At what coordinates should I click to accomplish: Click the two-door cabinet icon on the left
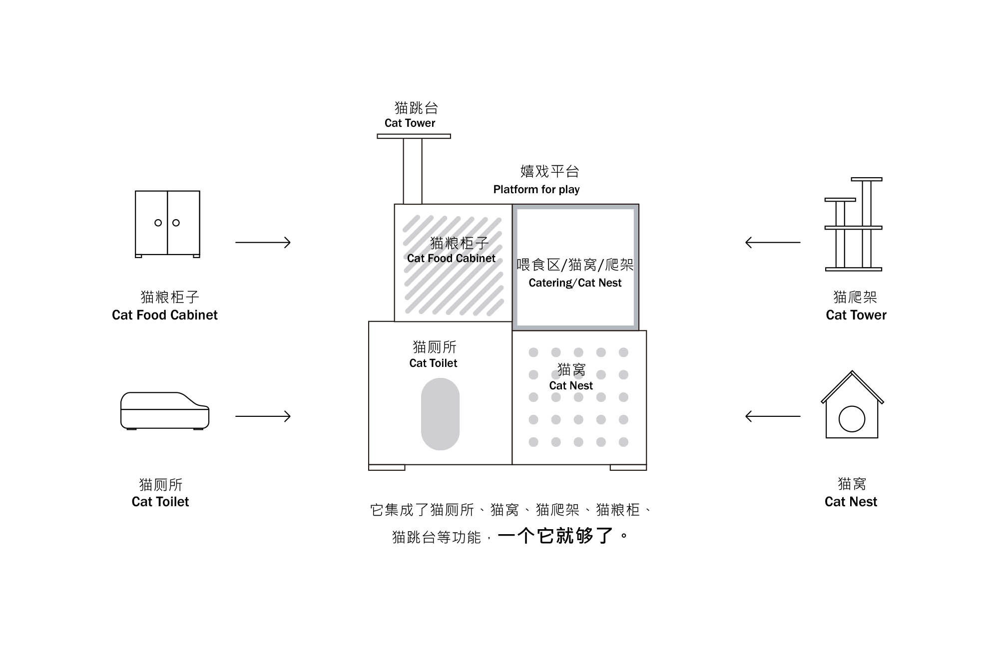click(x=167, y=224)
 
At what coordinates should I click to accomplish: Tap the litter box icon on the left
click(x=165, y=410)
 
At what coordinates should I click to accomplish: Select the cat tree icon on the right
click(x=854, y=225)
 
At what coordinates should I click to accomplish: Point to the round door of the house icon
click(x=852, y=419)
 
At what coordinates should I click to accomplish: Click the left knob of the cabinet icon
click(x=158, y=223)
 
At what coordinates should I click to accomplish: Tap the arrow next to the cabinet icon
click(x=263, y=243)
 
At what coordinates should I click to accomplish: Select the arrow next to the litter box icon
click(x=263, y=416)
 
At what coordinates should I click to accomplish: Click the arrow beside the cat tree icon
click(x=772, y=243)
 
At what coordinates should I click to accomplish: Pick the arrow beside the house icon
click(x=772, y=416)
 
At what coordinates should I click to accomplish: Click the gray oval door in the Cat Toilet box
click(x=440, y=414)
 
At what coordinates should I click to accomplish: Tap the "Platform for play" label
click(x=536, y=190)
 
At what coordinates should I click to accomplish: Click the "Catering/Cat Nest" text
click(x=575, y=283)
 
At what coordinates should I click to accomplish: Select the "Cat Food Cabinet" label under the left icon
click(x=165, y=315)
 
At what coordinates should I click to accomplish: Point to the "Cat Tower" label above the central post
click(x=410, y=123)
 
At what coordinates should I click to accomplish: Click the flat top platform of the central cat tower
click(x=414, y=136)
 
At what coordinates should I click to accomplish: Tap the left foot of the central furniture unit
click(x=387, y=468)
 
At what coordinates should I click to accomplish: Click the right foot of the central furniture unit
click(x=628, y=468)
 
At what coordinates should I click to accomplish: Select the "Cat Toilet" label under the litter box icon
click(x=160, y=502)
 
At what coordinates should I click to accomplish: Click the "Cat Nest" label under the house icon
click(x=851, y=502)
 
